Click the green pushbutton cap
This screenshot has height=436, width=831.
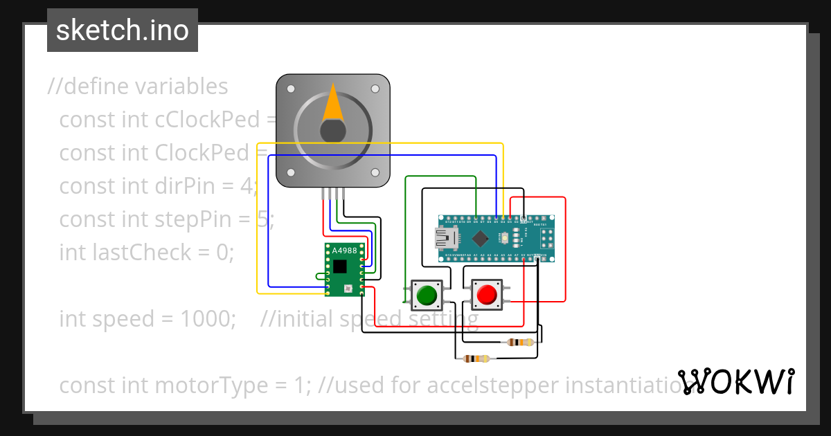pos(427,295)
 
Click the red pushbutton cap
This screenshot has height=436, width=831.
pos(486,295)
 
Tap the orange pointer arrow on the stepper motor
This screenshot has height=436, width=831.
pos(333,104)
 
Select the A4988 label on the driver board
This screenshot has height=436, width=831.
pos(344,251)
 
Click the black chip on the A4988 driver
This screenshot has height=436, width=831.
pos(339,266)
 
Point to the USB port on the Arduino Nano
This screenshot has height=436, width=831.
pos(445,239)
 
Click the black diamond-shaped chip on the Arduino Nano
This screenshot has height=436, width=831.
pos(480,239)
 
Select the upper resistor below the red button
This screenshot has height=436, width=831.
pos(520,342)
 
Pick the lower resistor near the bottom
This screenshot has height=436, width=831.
pos(476,358)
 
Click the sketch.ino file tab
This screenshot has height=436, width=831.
pos(123,30)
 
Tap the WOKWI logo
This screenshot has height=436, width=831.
pos(735,381)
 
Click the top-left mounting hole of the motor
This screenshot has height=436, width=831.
pos(291,89)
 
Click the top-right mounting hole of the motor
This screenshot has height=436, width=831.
pos(375,89)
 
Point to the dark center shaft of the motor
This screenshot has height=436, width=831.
pos(333,131)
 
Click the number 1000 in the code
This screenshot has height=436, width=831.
pos(208,319)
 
